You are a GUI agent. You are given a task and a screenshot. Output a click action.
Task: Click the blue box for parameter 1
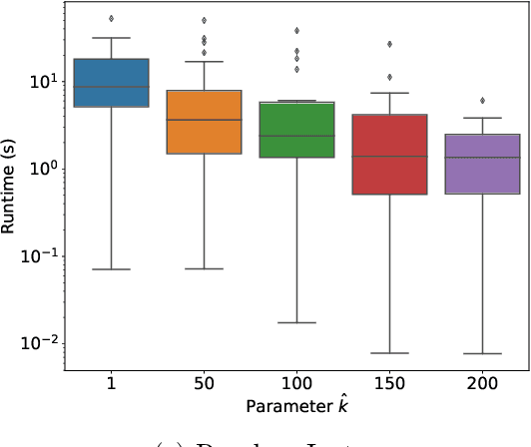click(112, 83)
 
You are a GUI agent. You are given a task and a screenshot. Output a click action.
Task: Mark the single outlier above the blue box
click(112, 18)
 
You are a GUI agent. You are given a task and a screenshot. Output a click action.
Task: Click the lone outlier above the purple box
click(481, 100)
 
